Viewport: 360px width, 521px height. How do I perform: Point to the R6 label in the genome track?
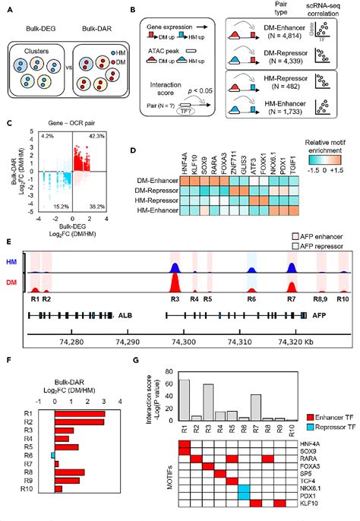(x=251, y=300)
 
